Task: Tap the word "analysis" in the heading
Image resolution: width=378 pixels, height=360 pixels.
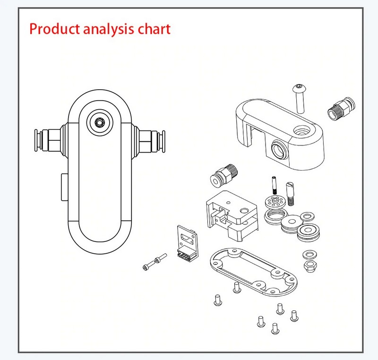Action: pos(108,29)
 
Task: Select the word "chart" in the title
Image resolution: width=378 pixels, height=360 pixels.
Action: pos(154,29)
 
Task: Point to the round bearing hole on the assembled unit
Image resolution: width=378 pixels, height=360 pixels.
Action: pos(100,123)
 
